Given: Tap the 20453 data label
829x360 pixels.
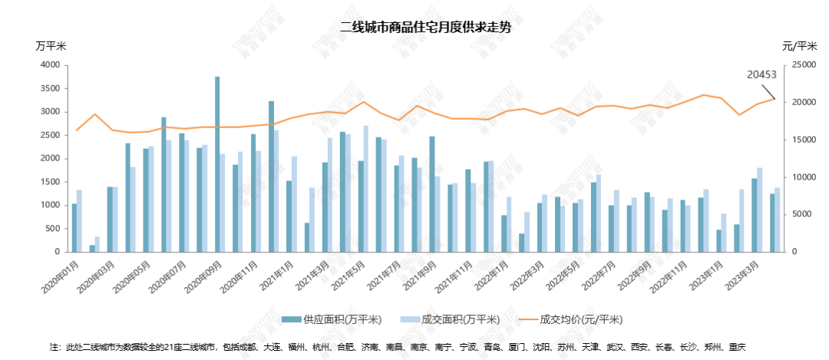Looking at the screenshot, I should (762, 75).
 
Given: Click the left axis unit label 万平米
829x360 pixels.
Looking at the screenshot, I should (51, 46).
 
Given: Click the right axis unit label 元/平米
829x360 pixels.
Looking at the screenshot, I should (798, 46).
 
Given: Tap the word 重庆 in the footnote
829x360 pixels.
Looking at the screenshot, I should (737, 347).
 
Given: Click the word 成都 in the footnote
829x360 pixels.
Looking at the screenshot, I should (251, 347).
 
